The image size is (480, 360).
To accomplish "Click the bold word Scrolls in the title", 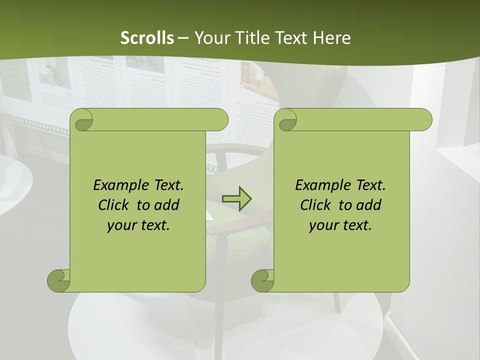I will click(147, 38).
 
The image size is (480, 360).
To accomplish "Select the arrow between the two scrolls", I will click(236, 199).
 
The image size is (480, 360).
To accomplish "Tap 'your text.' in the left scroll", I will click(138, 225).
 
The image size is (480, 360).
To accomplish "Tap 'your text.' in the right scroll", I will click(340, 225).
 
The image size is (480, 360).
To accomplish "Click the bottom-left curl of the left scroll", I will click(58, 280).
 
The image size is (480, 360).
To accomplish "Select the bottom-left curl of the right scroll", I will click(262, 280).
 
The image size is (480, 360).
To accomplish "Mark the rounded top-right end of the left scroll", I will click(220, 119).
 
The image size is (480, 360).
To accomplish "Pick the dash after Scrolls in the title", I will click(183, 38).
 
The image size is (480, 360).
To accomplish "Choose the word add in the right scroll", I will click(369, 205).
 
